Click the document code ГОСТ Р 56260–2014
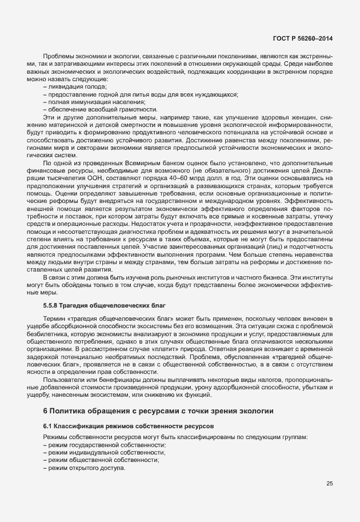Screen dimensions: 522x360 click(x=303, y=38)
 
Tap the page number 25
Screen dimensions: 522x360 click(x=329, y=483)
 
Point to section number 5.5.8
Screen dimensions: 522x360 click(x=53, y=305)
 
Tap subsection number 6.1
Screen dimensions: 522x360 click(x=48, y=426)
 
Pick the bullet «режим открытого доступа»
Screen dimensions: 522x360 click(x=83, y=468)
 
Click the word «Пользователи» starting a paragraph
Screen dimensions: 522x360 click(x=62, y=379)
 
